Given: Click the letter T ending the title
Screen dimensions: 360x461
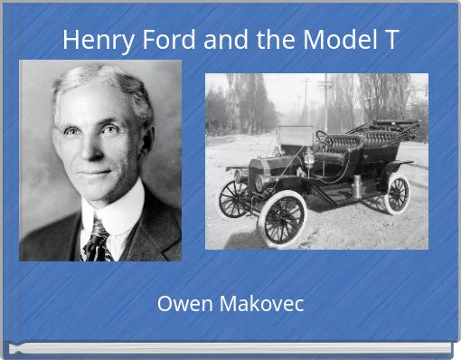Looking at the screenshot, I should pyautogui.click(x=390, y=41).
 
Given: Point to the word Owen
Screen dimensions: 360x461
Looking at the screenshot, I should pyautogui.click(x=181, y=304).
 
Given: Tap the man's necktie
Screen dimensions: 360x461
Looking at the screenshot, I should pyautogui.click(x=97, y=240).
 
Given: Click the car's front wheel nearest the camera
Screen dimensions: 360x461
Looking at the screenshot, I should pyautogui.click(x=282, y=216).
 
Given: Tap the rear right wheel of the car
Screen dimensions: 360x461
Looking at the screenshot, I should pyautogui.click(x=397, y=194).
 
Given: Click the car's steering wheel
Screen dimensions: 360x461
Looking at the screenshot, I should pyautogui.click(x=323, y=138).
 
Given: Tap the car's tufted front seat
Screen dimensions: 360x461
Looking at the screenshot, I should pyautogui.click(x=345, y=143).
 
